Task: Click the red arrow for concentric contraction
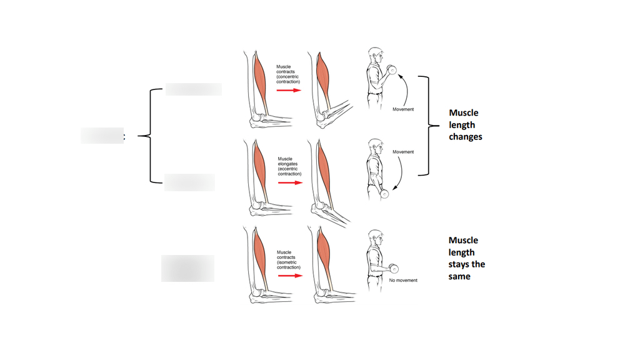pos(289,90)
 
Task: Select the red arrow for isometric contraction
pos(289,276)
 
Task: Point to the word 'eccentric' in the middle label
pos(289,168)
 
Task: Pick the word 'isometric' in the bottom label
pos(288,262)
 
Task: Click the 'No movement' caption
pos(403,281)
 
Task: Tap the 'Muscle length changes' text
pos(465,124)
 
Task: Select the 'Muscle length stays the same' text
pos(466,258)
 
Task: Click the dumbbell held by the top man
pos(392,69)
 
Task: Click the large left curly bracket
pos(147,136)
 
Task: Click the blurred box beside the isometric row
pos(187,269)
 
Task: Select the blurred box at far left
pos(102,135)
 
